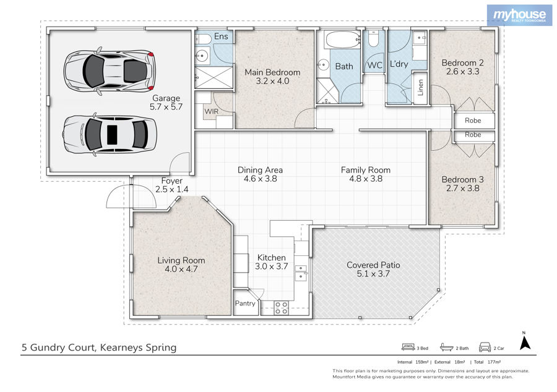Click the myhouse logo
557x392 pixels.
coord(519,15)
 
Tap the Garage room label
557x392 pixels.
coord(166,98)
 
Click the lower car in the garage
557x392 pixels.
coord(110,134)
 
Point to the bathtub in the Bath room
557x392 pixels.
coord(343,40)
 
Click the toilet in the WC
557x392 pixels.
coord(373,39)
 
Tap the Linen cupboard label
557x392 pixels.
coord(421,88)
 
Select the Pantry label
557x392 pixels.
coord(245,304)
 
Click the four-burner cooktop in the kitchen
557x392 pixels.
coord(282,308)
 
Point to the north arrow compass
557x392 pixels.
coord(525,341)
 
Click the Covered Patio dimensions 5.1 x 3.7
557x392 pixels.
coord(373,274)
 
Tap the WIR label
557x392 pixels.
coord(212,111)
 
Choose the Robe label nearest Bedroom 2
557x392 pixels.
coord(473,121)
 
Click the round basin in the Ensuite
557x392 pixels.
coord(202,56)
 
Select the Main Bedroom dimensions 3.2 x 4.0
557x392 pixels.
coord(272,81)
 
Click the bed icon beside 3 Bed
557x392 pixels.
coord(408,347)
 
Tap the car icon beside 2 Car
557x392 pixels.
coord(485,347)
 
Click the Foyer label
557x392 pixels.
coord(172,181)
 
